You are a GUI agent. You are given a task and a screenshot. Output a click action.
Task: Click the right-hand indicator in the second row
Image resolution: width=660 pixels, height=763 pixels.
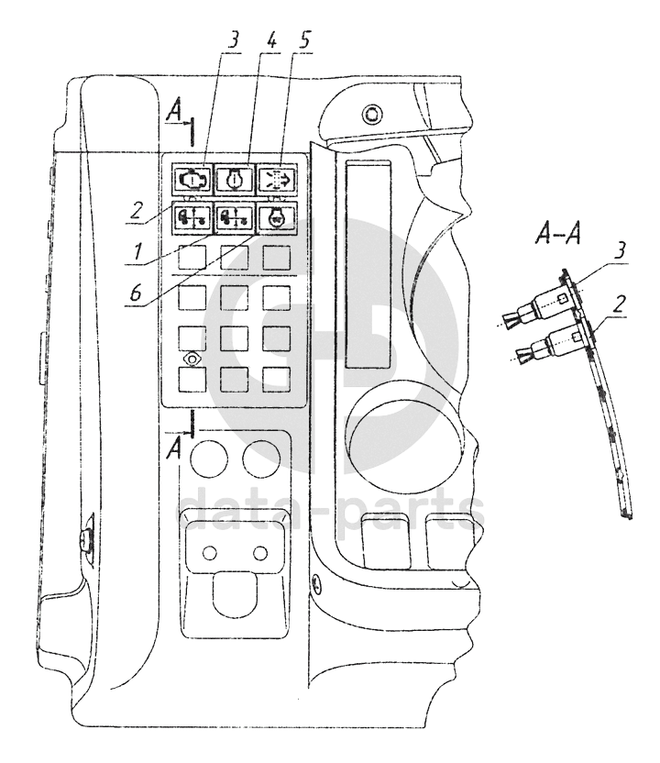276,218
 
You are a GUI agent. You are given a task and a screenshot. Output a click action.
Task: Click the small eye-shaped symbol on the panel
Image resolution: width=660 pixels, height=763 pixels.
192,359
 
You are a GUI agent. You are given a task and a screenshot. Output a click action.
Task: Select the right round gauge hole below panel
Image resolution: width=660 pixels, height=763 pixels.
261,453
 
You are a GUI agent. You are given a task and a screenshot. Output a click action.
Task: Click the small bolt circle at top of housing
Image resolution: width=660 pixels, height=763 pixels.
371,115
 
